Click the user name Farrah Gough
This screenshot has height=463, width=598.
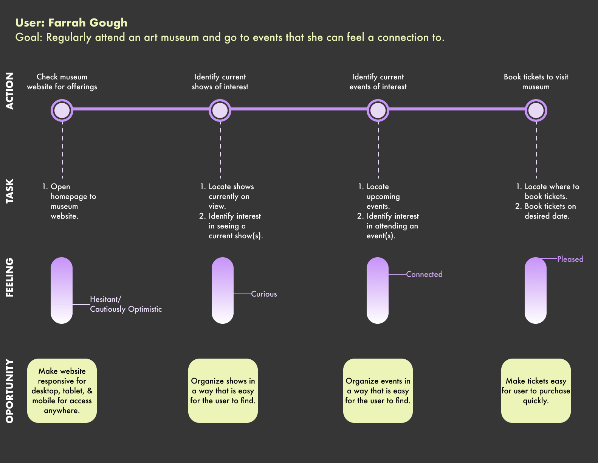[x=88, y=23]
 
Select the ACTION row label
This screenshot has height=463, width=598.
[x=10, y=91]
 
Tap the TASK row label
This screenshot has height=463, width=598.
[x=10, y=191]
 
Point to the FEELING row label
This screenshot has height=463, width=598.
[x=10, y=277]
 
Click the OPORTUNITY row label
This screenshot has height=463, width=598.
[x=10, y=391]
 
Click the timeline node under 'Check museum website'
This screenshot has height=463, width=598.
[x=62, y=110]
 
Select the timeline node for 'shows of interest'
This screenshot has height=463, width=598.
[x=220, y=110]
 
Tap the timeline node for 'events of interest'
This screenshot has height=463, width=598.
[x=378, y=110]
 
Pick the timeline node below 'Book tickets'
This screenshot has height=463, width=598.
[x=536, y=110]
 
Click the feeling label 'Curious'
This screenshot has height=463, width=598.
[x=264, y=294]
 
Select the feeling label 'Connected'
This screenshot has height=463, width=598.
[x=424, y=274]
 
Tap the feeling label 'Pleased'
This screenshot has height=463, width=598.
[x=570, y=259]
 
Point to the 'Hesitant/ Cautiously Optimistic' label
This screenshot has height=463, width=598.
[x=125, y=304]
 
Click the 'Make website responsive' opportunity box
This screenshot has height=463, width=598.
[x=62, y=391]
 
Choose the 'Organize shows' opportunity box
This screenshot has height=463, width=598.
[x=223, y=391]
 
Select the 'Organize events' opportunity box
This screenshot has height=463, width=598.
[x=378, y=391]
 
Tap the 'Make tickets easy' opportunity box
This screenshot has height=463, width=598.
[x=536, y=391]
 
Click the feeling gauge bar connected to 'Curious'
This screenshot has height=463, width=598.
[x=223, y=291]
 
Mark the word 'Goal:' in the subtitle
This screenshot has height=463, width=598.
[x=29, y=37]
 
